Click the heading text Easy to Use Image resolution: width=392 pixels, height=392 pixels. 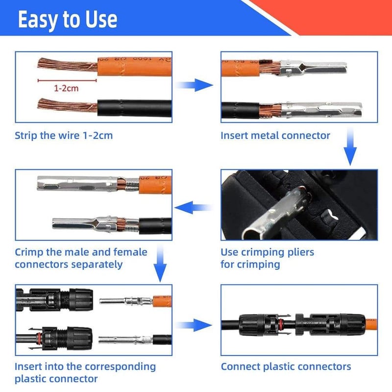68,20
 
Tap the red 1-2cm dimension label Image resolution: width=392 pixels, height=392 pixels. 66,88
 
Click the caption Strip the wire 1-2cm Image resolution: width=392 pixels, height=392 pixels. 64,136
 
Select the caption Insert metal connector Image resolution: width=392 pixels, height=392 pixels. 275,136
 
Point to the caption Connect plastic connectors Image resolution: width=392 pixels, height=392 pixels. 286,367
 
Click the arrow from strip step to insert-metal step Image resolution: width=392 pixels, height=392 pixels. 194,85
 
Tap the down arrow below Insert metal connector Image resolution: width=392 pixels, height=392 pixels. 350,147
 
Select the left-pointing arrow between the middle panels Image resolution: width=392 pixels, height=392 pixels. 193,207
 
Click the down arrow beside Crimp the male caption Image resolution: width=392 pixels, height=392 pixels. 160,264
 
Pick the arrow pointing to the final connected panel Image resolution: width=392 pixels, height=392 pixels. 194,325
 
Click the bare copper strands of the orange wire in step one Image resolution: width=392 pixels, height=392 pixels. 68,65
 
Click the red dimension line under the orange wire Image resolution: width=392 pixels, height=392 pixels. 67,80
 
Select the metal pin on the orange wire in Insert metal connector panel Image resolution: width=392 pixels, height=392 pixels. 313,68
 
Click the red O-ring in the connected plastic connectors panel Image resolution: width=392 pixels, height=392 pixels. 281,324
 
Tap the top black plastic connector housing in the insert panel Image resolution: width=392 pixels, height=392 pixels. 54,299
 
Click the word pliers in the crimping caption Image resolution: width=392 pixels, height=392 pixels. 300,252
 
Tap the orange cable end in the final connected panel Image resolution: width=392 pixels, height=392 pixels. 371,324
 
